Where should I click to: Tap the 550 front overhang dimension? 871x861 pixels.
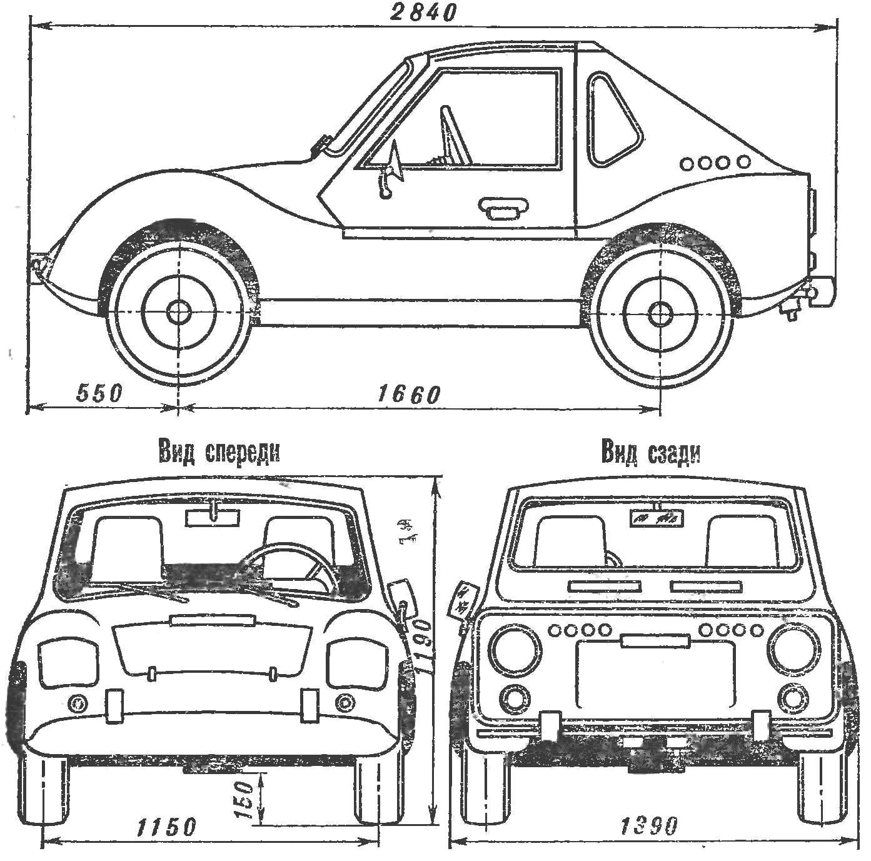[99, 393]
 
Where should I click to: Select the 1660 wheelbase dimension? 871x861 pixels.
[408, 395]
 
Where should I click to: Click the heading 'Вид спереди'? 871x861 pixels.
[219, 453]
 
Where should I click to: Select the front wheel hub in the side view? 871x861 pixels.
[179, 311]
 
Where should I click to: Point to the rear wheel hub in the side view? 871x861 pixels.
[660, 312]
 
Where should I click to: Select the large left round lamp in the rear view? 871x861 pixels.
[516, 650]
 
